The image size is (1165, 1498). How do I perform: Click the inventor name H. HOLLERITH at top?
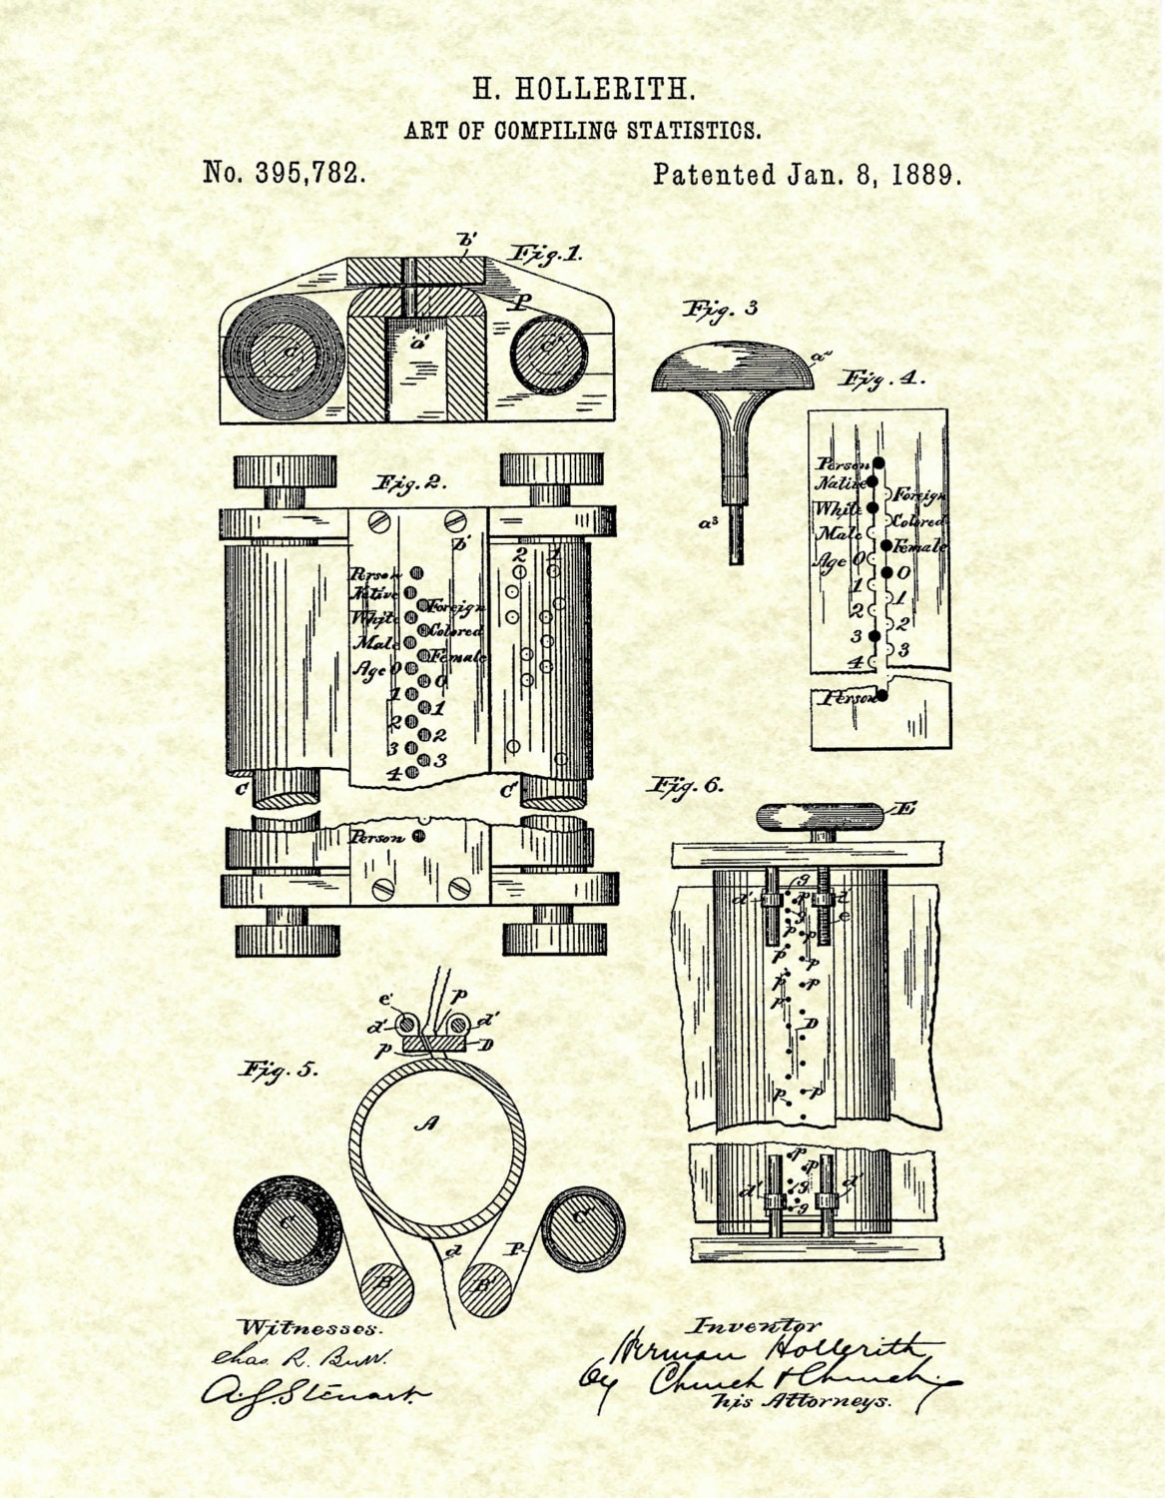point(583,90)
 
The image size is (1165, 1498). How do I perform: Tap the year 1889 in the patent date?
point(926,175)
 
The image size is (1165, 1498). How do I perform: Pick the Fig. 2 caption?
point(408,483)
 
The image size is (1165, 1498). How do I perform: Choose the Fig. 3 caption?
point(720,309)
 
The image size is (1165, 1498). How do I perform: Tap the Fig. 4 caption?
point(882,379)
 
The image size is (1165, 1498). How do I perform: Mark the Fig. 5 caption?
point(279,1070)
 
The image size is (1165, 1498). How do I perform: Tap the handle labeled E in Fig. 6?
point(821,818)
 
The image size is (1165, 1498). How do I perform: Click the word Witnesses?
point(310,1328)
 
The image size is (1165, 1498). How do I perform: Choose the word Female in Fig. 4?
point(920,546)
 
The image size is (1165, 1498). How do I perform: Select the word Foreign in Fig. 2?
point(458,607)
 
